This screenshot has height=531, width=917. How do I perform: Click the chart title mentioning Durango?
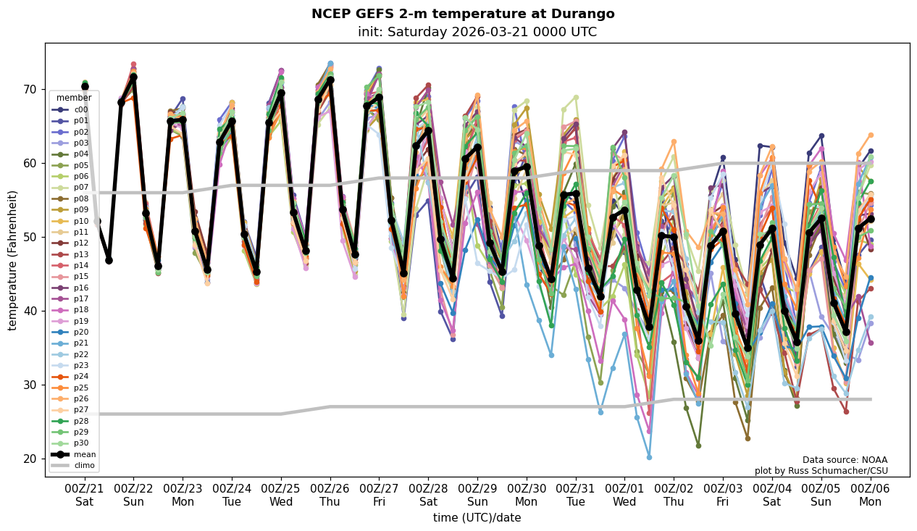[463, 14]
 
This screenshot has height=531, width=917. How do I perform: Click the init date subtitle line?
[477, 32]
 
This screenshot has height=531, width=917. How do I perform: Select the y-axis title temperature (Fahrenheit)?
[12, 260]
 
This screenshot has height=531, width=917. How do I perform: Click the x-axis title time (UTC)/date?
[477, 517]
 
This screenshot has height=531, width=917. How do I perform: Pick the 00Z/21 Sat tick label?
[85, 496]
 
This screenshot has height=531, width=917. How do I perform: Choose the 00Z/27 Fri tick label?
[380, 496]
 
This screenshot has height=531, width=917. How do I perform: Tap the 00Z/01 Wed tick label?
[624, 496]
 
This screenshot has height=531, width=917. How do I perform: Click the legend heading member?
[74, 98]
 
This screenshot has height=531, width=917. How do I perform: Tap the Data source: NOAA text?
[845, 460]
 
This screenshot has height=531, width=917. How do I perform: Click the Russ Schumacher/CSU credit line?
[821, 471]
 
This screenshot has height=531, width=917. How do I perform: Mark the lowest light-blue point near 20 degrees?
[649, 457]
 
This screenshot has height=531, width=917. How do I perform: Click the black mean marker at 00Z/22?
[133, 77]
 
